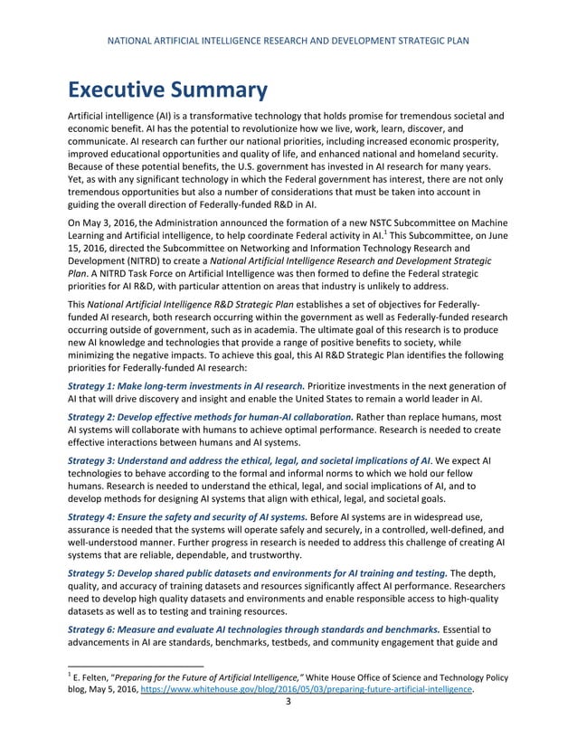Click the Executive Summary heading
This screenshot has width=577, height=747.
(x=166, y=90)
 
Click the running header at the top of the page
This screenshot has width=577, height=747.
(x=288, y=41)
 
